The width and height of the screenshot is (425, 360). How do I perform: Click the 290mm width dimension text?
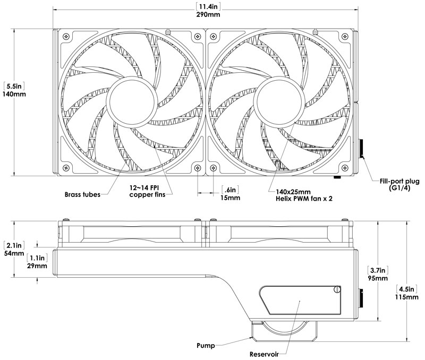[x=208, y=14]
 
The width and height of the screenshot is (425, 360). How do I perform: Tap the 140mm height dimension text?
[x=14, y=95]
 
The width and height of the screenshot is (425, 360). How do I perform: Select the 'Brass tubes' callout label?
[x=82, y=194]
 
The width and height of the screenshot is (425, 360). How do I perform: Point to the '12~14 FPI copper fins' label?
[x=147, y=191]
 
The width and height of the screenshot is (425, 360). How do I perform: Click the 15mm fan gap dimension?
[x=230, y=198]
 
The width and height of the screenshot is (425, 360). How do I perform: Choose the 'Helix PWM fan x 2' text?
[x=304, y=199]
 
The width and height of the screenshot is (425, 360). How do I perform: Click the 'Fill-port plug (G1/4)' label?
[x=399, y=184]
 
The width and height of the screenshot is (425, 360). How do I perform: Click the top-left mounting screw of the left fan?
[x=66, y=36]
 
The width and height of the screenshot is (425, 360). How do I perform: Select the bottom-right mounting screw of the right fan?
[x=345, y=168]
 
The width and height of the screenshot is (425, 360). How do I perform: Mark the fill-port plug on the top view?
[x=361, y=149]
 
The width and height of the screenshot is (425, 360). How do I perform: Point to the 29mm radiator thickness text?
[x=37, y=265]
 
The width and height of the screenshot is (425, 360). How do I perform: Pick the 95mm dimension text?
[x=378, y=278]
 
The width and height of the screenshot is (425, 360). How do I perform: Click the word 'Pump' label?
[x=206, y=346]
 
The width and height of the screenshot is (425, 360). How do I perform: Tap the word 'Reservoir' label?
[x=264, y=354]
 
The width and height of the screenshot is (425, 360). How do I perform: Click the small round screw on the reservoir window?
[x=337, y=289]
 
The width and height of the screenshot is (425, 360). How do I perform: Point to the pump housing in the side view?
[x=285, y=331]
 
